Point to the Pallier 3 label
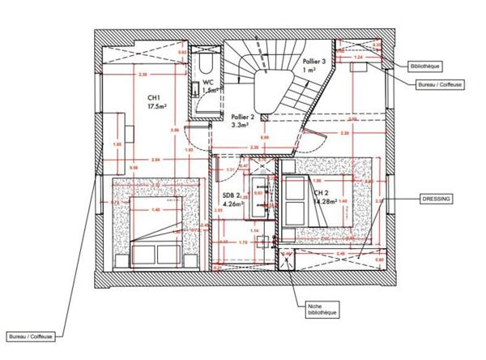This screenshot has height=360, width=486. point(313,66)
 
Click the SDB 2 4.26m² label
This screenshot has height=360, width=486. point(232,199)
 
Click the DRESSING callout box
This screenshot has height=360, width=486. point(436,198)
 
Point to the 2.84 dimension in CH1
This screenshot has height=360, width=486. point(156,160)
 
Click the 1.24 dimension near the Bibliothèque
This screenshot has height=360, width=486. point(358,58)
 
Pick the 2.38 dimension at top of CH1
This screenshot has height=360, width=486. point(143,75)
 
